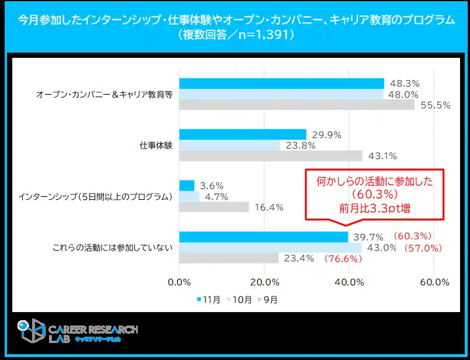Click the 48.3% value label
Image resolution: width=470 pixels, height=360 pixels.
click(405, 84)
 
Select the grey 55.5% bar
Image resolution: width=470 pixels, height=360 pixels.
click(297, 105)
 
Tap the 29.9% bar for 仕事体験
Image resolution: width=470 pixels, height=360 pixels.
click(242, 134)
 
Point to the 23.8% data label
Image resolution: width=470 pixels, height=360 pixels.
click(301, 146)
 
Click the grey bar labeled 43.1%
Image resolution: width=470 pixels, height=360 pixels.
click(270, 156)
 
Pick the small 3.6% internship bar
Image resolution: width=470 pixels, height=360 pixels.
click(187, 185)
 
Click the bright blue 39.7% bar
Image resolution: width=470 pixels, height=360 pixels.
click(263, 237)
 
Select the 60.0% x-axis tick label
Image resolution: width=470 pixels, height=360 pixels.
click(434, 282)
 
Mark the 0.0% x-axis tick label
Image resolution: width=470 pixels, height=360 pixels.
click(179, 282)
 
